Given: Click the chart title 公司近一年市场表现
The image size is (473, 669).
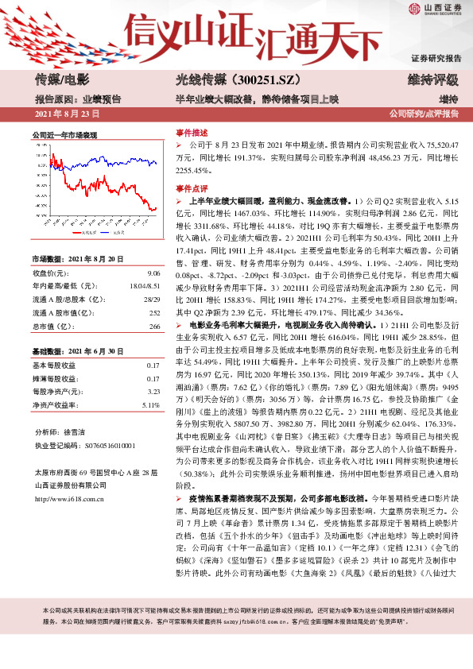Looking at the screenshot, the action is click(64, 136).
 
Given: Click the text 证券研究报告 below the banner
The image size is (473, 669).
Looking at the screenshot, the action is click(436, 59).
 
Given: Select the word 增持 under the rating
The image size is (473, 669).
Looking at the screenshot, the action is click(448, 99).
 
